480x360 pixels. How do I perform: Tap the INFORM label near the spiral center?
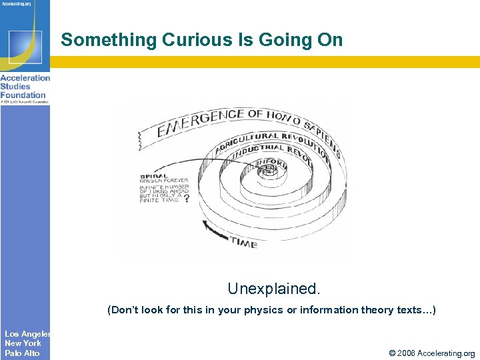271,162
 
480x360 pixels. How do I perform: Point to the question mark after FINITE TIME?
186,198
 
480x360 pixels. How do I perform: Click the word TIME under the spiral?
243,243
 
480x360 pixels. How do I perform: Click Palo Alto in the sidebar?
22,353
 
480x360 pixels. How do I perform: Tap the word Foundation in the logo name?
23,95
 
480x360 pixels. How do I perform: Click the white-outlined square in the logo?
25,46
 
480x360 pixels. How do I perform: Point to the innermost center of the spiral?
267,171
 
